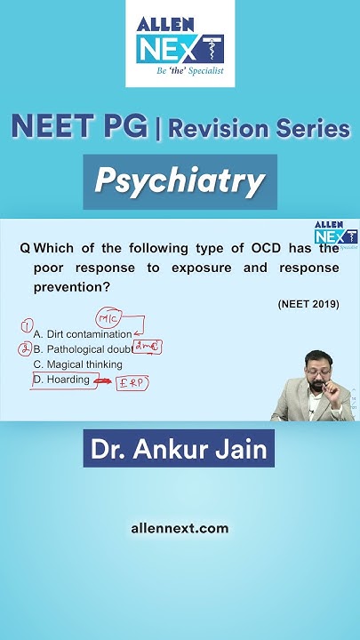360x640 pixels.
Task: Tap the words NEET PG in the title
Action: tap(79, 127)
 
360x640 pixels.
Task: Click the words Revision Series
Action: tap(259, 129)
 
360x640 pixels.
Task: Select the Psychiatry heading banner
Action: tap(180, 181)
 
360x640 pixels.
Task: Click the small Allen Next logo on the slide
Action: tap(335, 234)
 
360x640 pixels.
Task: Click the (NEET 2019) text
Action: tap(308, 304)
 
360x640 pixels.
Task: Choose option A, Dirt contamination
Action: tap(82, 334)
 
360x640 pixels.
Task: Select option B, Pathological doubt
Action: tap(82, 349)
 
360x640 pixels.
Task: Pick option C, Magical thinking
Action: tap(77, 364)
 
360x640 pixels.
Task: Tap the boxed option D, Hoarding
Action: tap(61, 380)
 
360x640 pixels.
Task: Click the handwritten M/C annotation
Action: tap(108, 318)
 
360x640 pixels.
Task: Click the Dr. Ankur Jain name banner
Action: tap(179, 449)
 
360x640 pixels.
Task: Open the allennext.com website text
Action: tap(180, 528)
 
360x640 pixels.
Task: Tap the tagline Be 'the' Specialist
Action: tap(180, 70)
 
